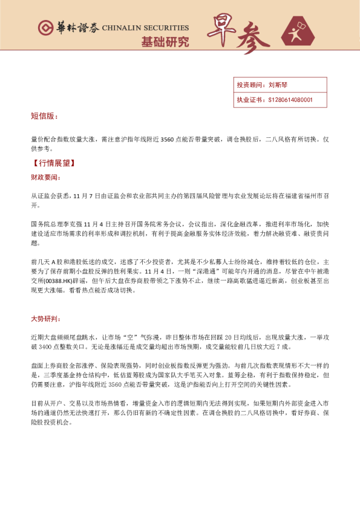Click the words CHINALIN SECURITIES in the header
coord(145,28)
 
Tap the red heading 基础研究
coord(165,42)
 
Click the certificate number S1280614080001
coord(290,100)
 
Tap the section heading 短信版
coord(44,115)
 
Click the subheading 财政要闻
coord(45,178)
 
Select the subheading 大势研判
coord(45,318)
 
